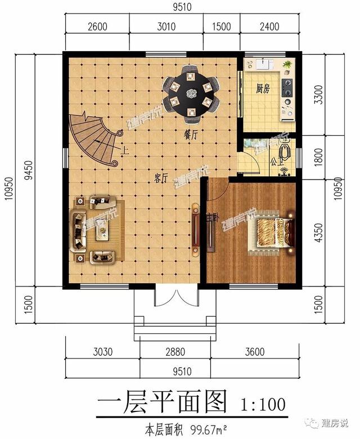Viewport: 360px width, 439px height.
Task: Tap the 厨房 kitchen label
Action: click(x=263, y=88)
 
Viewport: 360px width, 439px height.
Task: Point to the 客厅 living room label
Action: click(x=161, y=180)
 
